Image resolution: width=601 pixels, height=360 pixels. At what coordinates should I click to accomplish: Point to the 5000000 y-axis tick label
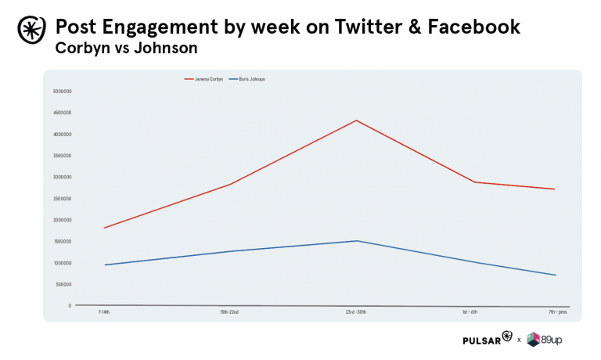[x=63, y=91]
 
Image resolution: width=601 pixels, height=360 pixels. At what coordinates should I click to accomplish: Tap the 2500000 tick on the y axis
[x=63, y=198]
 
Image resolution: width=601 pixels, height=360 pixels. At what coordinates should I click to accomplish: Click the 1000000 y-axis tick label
[x=63, y=263]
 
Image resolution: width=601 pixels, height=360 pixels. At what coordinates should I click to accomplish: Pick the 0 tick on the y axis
[x=70, y=306]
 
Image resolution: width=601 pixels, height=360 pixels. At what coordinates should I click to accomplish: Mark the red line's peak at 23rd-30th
[x=356, y=121]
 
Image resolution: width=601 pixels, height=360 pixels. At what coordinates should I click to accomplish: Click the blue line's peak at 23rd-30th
[x=356, y=241]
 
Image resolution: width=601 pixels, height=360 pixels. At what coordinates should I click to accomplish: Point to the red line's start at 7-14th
[x=103, y=228]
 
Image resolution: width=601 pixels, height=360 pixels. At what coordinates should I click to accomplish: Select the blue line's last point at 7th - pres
[x=555, y=275]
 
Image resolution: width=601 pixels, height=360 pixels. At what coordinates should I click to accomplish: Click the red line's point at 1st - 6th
[x=474, y=182]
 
